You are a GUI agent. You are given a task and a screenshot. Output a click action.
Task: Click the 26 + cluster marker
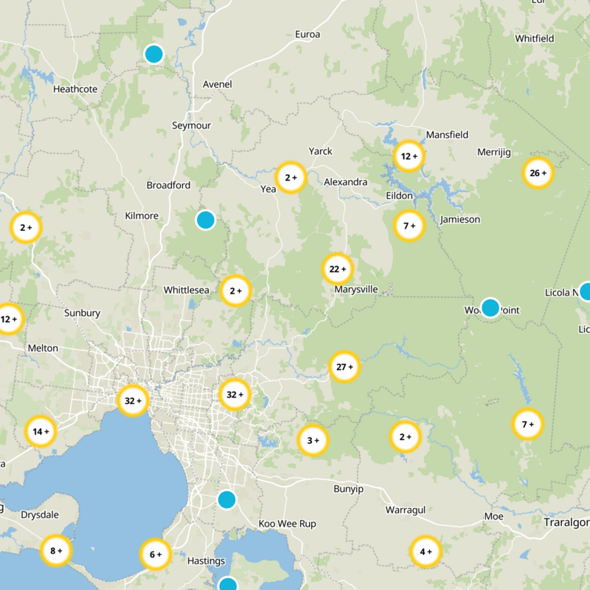pos(538,173)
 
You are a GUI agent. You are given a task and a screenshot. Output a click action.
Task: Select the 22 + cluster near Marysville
pos(338,269)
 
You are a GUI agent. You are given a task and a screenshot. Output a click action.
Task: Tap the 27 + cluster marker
pos(344,367)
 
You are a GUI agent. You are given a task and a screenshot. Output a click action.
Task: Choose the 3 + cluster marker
pos(313,440)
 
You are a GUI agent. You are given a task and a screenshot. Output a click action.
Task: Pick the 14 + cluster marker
pos(41,431)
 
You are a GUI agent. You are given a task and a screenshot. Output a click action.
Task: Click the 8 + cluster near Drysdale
pos(56,550)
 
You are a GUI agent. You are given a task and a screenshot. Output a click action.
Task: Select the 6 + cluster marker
pos(156,555)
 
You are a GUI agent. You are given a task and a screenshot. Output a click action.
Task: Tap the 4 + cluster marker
pos(426,552)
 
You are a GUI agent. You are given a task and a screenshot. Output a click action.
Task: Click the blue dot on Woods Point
pos(490,308)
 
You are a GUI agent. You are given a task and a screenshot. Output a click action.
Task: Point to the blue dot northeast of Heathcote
pos(153,54)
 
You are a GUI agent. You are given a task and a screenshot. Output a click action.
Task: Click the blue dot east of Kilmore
pos(205,220)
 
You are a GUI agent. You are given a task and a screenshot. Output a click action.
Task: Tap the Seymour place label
pos(191,125)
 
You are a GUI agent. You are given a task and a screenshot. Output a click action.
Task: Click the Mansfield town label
pos(447,135)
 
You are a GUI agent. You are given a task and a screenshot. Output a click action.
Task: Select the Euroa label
pos(308,35)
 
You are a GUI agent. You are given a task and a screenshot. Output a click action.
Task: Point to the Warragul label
pos(403,510)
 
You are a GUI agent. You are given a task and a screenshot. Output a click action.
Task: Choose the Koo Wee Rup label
pos(287,524)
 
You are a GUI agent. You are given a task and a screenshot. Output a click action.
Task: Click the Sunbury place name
pos(82,313)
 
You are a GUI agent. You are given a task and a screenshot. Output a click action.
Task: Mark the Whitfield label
pos(535,38)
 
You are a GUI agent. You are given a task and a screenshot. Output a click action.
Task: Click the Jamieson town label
pos(459,219)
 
